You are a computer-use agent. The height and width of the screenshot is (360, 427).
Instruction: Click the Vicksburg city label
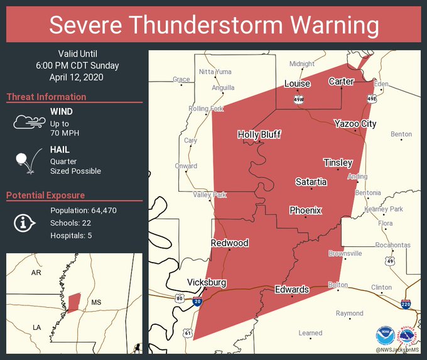[x=207, y=283]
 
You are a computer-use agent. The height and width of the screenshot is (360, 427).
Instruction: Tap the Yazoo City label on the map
[x=355, y=124]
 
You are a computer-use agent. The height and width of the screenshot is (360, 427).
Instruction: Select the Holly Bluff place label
[x=259, y=134]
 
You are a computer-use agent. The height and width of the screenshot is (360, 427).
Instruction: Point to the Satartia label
[x=311, y=182]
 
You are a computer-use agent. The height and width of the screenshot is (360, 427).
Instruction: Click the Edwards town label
[x=292, y=290]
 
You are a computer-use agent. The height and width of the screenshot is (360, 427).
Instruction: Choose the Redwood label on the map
[x=229, y=243]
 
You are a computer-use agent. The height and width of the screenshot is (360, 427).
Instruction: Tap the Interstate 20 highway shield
[x=198, y=302]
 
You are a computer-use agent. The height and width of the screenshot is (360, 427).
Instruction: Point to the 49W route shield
[x=299, y=99]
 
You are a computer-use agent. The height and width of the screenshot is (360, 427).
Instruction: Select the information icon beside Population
[x=24, y=222]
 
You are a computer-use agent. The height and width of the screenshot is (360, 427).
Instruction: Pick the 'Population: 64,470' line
[x=84, y=210]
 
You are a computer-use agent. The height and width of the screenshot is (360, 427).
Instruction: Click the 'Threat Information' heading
[x=46, y=97]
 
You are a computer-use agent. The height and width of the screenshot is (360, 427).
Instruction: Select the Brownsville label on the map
[x=345, y=254]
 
